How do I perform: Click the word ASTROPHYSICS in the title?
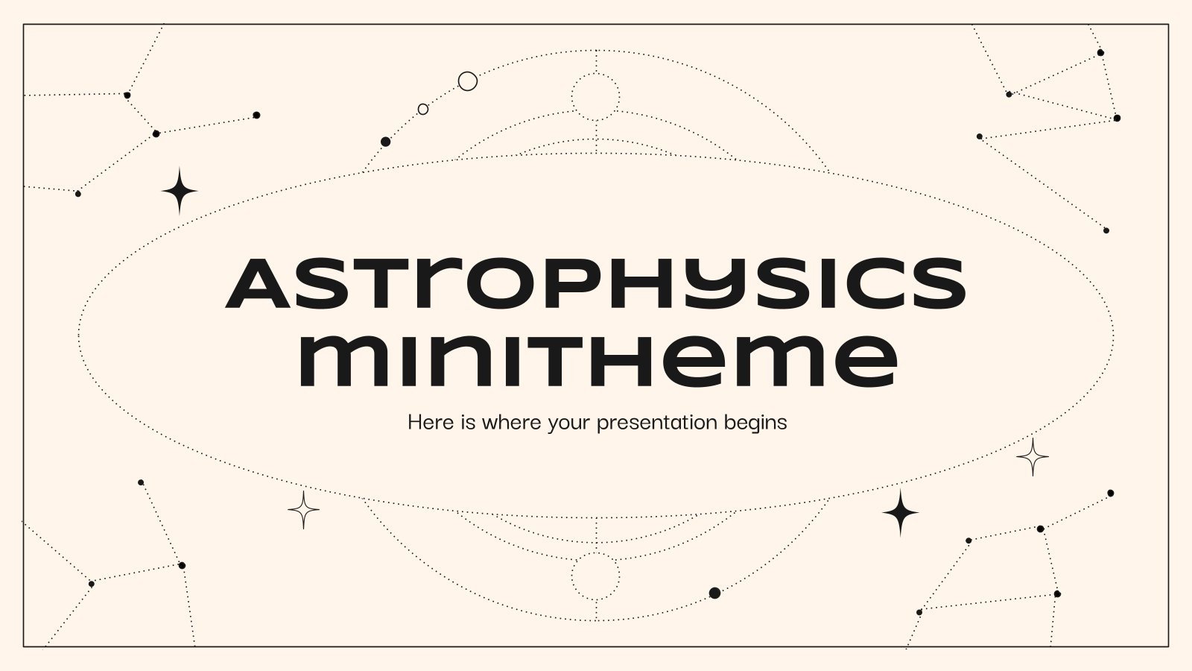coord(596,283)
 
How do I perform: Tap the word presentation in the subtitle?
coord(647,423)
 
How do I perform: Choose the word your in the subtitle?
coord(569,423)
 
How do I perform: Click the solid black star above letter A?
coord(180,192)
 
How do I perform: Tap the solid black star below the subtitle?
coord(900,513)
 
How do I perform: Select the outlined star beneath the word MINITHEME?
coord(303,510)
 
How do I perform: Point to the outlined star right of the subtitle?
coord(1033,457)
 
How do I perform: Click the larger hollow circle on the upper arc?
coord(467,81)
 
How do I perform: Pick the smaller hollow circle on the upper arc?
coord(423,109)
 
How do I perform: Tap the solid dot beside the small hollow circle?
coord(385,142)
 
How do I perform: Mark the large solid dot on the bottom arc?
coord(714,593)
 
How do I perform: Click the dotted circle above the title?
coord(595,97)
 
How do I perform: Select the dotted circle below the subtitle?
coord(595,576)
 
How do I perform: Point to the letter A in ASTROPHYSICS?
coord(258,284)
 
